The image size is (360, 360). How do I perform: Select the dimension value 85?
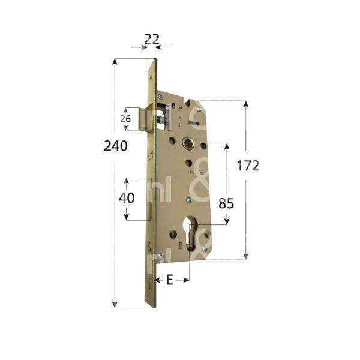[x=226, y=203]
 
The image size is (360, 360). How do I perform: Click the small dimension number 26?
[x=125, y=119]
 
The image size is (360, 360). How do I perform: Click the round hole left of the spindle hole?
[x=172, y=142]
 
